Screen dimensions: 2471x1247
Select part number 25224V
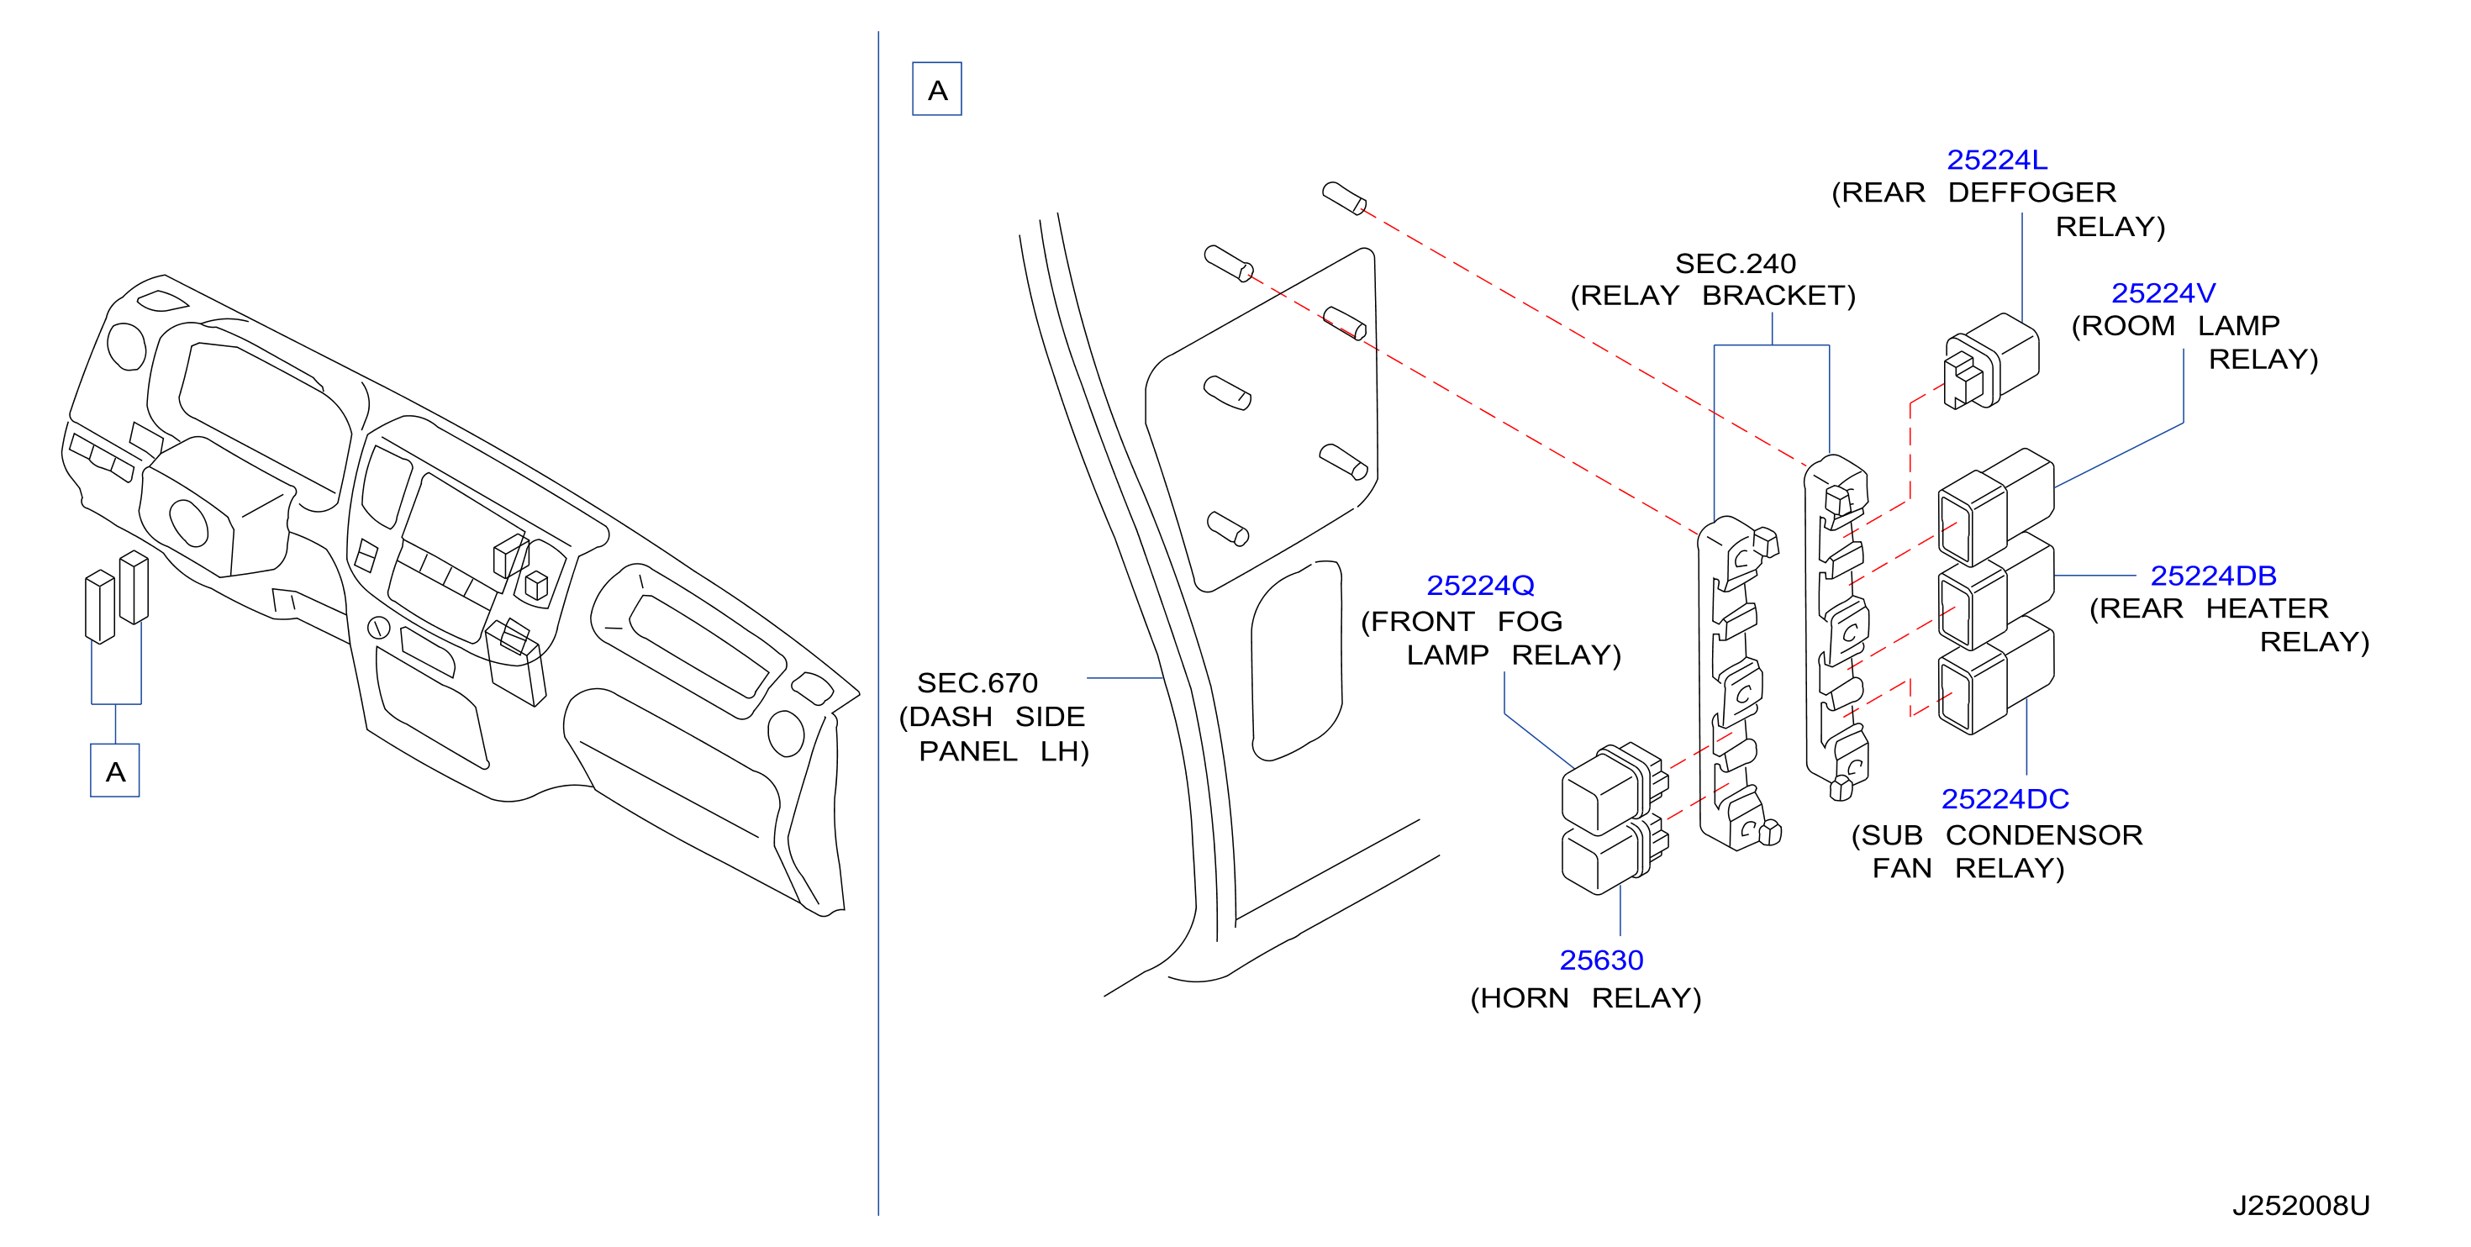(x=2163, y=292)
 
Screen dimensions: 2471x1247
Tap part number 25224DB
(x=2213, y=576)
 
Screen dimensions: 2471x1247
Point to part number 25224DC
(x=2005, y=799)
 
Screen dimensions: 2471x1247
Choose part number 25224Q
(x=1480, y=585)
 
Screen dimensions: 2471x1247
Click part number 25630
(x=1601, y=960)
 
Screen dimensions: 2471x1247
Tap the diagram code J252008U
(x=2300, y=1206)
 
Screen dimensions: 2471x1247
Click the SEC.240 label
(x=1736, y=264)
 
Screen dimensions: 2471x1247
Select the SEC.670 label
(x=977, y=683)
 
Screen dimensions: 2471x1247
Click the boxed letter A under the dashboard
(x=115, y=771)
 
